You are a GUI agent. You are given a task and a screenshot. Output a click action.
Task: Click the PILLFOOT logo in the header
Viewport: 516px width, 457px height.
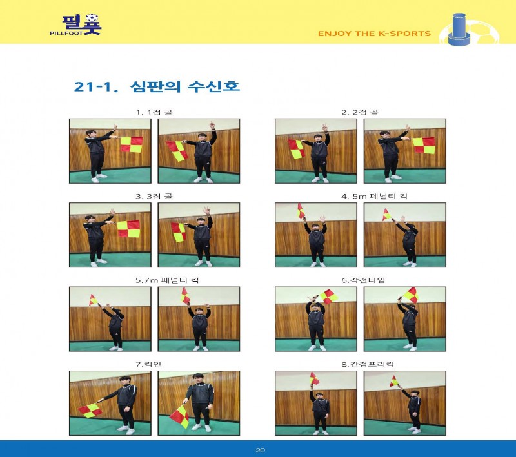click(76, 24)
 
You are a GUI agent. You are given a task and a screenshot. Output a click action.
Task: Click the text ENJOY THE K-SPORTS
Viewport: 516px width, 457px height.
click(374, 34)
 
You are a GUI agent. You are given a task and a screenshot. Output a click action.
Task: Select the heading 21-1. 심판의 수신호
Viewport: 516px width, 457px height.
click(157, 87)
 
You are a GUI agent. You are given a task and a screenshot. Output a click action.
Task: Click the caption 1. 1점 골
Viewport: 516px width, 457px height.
click(154, 112)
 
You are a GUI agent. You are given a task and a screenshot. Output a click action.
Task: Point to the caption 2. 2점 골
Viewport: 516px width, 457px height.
click(360, 112)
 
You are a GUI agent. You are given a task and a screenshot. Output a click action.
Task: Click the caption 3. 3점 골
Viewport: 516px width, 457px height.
click(154, 197)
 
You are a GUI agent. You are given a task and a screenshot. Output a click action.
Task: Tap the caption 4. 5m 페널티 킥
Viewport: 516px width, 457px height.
click(374, 197)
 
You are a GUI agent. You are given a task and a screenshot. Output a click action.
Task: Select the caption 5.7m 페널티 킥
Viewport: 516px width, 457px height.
click(167, 280)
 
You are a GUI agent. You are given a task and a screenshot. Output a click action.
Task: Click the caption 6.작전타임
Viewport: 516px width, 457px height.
click(363, 280)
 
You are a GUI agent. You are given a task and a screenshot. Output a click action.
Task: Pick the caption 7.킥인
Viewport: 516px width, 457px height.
click(148, 364)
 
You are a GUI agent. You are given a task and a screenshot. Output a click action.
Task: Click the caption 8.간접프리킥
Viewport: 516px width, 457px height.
click(367, 364)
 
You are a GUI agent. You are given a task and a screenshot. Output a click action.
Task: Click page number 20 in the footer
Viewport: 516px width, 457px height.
click(260, 450)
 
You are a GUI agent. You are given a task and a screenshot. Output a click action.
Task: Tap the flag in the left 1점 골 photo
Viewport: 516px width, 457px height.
click(132, 144)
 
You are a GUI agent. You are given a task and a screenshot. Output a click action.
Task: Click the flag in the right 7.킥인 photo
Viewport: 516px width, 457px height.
click(180, 416)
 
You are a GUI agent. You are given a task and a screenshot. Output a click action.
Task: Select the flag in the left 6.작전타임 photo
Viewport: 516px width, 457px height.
click(329, 297)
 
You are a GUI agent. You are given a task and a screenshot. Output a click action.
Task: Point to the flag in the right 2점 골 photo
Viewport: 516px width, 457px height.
click(424, 145)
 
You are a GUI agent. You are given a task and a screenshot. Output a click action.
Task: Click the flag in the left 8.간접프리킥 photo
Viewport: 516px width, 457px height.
click(314, 379)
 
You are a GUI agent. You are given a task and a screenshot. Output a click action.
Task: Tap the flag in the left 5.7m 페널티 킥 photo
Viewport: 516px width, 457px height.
click(93, 300)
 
